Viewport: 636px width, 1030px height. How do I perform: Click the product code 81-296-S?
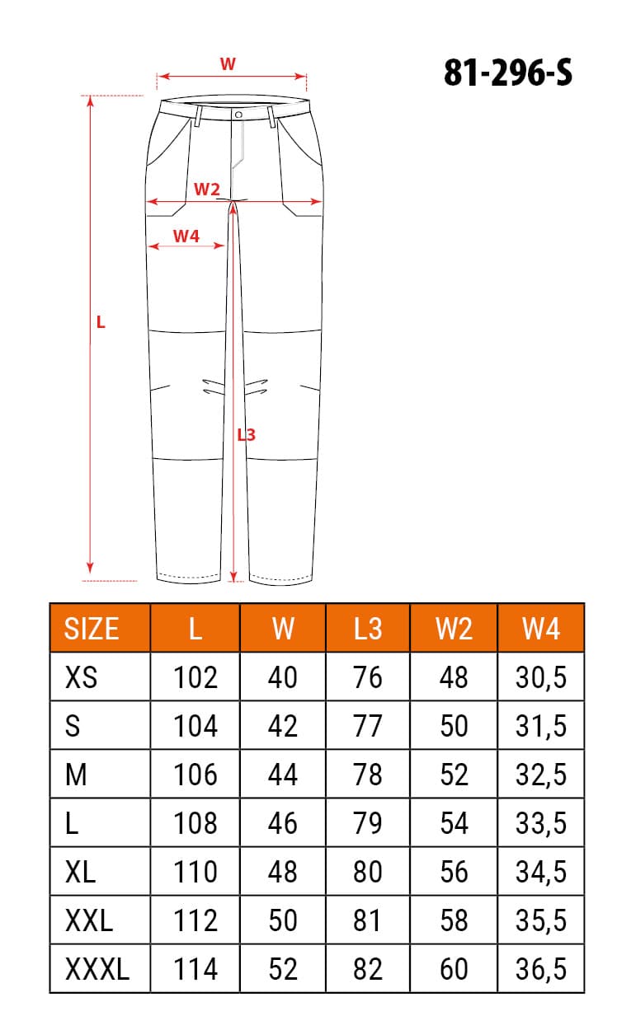coord(507,74)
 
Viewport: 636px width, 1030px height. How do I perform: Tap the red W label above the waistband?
coord(228,63)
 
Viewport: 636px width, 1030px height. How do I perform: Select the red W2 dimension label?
coord(206,190)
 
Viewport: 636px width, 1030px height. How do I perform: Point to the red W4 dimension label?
coord(186,236)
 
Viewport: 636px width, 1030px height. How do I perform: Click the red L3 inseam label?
coord(246,434)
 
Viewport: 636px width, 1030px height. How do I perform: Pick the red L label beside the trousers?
coord(101,322)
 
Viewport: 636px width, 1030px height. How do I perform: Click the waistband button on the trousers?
coord(238,115)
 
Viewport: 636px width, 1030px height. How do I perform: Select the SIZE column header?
coord(92,629)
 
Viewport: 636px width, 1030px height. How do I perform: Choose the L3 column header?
coord(368,629)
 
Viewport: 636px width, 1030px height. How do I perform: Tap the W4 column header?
coord(541,629)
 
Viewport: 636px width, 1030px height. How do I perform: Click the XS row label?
coord(80,677)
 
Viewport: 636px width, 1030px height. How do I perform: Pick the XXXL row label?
coord(97,969)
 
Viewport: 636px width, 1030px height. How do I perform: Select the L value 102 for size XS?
coord(196,677)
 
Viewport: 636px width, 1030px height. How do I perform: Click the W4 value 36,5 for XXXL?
coord(541,969)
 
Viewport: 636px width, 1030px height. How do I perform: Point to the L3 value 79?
coord(368,823)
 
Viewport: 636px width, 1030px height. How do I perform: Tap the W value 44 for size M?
coord(283,775)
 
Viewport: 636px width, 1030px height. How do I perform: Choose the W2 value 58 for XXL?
coord(454,920)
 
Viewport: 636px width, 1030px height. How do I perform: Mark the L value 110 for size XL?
coord(196,872)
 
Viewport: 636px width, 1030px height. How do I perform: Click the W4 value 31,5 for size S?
coord(541,726)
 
